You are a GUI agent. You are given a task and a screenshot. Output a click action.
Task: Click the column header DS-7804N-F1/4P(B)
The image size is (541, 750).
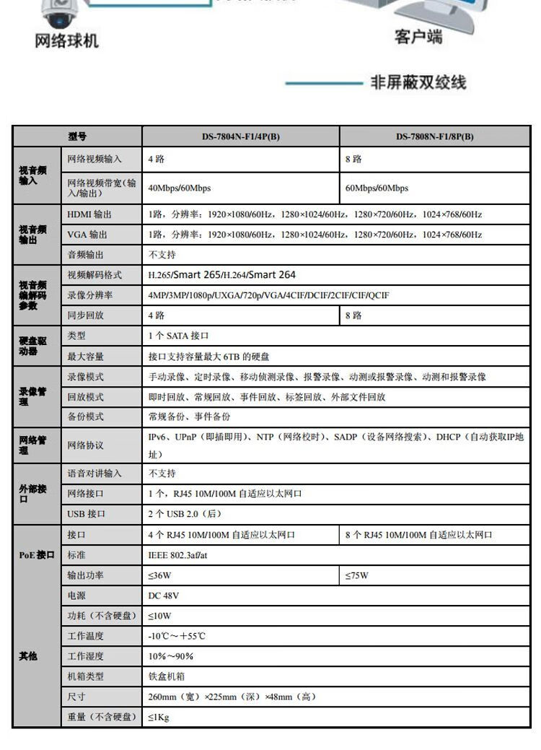240,136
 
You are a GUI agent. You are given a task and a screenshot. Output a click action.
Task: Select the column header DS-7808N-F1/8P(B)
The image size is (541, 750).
434,136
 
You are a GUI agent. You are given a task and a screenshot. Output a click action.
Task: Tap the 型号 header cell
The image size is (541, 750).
77,136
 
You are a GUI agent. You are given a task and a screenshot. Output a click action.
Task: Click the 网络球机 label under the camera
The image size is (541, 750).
66,41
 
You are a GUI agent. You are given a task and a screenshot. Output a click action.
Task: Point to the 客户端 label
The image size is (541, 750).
418,36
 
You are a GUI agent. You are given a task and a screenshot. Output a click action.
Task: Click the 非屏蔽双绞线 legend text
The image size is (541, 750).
418,83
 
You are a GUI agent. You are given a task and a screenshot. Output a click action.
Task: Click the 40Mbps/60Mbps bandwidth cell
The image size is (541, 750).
180,188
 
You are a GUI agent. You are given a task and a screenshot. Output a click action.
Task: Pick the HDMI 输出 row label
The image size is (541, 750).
89,214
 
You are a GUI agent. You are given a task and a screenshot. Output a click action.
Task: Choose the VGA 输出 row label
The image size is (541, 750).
87,235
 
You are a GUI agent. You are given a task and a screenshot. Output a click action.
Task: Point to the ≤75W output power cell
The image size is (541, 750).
356,575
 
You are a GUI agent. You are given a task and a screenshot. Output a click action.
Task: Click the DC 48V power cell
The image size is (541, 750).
164,596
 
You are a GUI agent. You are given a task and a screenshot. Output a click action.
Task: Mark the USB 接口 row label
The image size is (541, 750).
87,514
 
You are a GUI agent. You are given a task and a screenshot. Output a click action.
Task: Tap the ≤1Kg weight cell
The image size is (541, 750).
159,717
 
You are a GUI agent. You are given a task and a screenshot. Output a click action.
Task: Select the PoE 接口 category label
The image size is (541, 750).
37,555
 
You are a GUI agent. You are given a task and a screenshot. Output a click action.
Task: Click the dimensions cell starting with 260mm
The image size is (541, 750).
232,697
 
